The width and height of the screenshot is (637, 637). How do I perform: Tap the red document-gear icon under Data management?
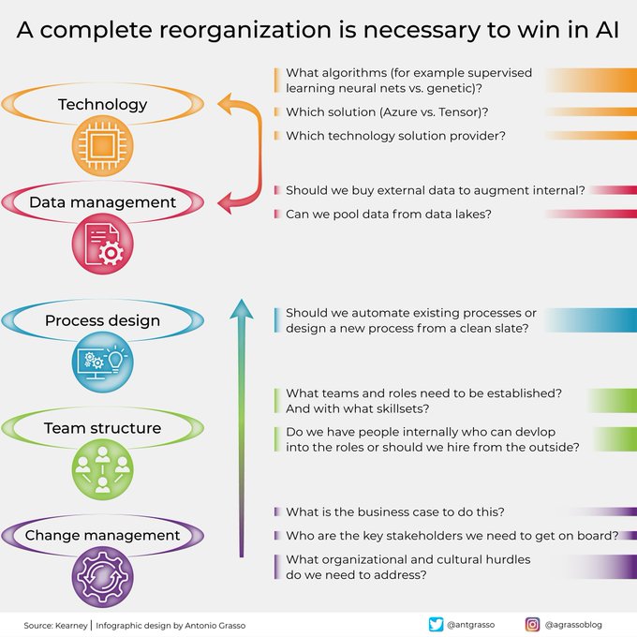point(103,245)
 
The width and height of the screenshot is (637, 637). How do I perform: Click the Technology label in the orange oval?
point(103,105)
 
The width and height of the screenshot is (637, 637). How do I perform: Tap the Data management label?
point(103,202)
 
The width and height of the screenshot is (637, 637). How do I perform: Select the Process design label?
point(103,320)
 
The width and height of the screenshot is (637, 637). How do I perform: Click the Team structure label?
point(103,428)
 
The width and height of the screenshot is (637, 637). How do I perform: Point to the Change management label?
point(103,536)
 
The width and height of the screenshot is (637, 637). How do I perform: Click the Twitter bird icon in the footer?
point(436,624)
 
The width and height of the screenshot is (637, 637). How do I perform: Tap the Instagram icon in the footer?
point(532,624)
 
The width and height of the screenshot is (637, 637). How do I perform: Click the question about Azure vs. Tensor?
point(387,111)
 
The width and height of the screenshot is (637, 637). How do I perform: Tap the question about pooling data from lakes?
point(389,214)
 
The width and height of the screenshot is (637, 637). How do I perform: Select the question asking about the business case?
point(395,511)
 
